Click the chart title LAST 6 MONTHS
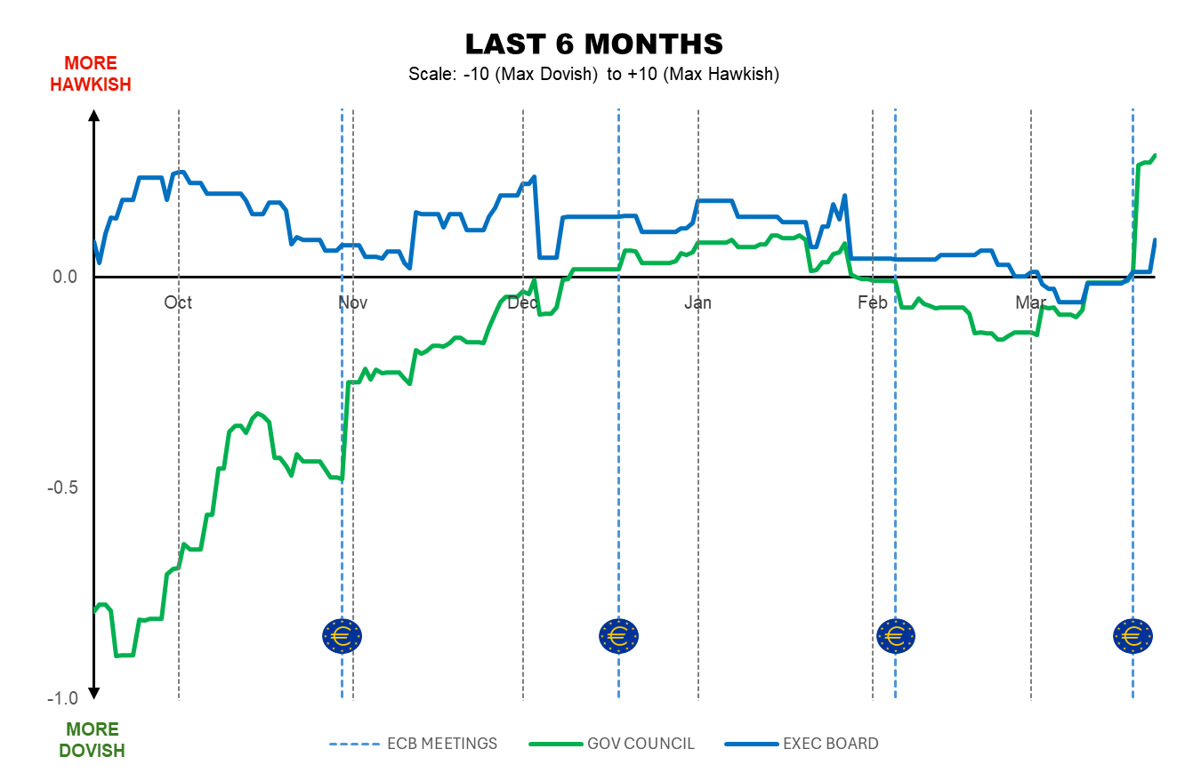(593, 44)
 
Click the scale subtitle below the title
(593, 74)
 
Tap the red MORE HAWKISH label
(91, 74)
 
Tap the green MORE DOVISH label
(92, 740)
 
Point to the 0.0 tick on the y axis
(64, 277)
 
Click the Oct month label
(178, 302)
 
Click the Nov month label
(352, 302)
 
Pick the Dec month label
(521, 302)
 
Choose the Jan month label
(697, 302)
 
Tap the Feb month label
(873, 302)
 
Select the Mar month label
(1031, 302)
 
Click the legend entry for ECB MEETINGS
(414, 744)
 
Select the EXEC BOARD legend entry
(802, 744)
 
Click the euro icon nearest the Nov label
(342, 635)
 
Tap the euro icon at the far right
(1132, 635)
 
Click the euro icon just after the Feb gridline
(895, 635)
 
